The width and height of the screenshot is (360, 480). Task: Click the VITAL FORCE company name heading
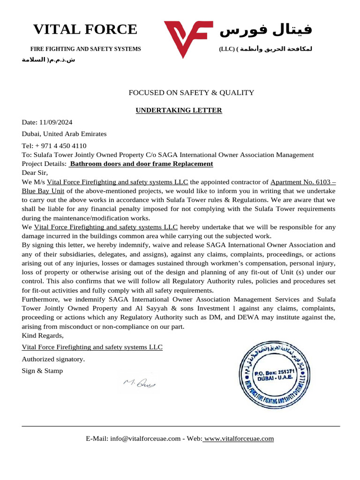85,30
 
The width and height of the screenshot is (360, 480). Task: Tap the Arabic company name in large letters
266,30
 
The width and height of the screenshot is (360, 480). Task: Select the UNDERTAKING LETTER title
179,111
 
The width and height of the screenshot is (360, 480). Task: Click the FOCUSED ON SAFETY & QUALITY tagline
191,93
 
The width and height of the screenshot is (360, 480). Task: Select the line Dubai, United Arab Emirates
64,134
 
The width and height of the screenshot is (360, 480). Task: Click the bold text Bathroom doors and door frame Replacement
141,164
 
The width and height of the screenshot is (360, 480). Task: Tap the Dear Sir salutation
35,172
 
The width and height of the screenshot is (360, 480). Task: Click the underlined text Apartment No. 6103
303,182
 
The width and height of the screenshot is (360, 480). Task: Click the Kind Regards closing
43,336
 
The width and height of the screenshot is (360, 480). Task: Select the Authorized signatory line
53,359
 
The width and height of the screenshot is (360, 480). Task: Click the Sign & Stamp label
42,371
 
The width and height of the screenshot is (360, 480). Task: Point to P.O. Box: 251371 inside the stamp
274,371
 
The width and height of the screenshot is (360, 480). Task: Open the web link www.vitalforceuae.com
239,439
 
